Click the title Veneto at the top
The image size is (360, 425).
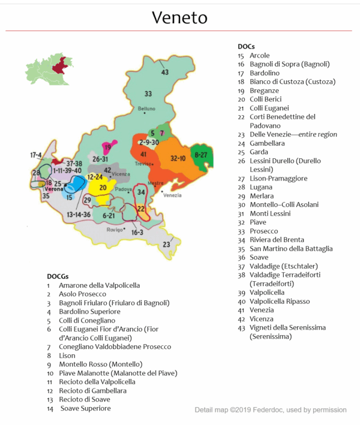click(x=179, y=17)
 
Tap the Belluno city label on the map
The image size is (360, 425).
click(x=146, y=108)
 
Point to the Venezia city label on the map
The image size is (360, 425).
click(x=171, y=195)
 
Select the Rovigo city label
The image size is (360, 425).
click(x=114, y=230)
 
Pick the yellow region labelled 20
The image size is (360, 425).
click(x=103, y=188)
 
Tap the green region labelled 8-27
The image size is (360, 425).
click(x=200, y=155)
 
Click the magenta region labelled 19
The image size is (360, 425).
click(x=108, y=147)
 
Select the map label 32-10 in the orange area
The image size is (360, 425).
click(x=178, y=158)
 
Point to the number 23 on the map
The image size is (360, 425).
click(x=166, y=245)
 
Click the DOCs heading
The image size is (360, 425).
click(x=246, y=46)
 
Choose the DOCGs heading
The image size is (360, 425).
click(x=60, y=276)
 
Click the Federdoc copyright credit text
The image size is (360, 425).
click(x=270, y=410)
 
